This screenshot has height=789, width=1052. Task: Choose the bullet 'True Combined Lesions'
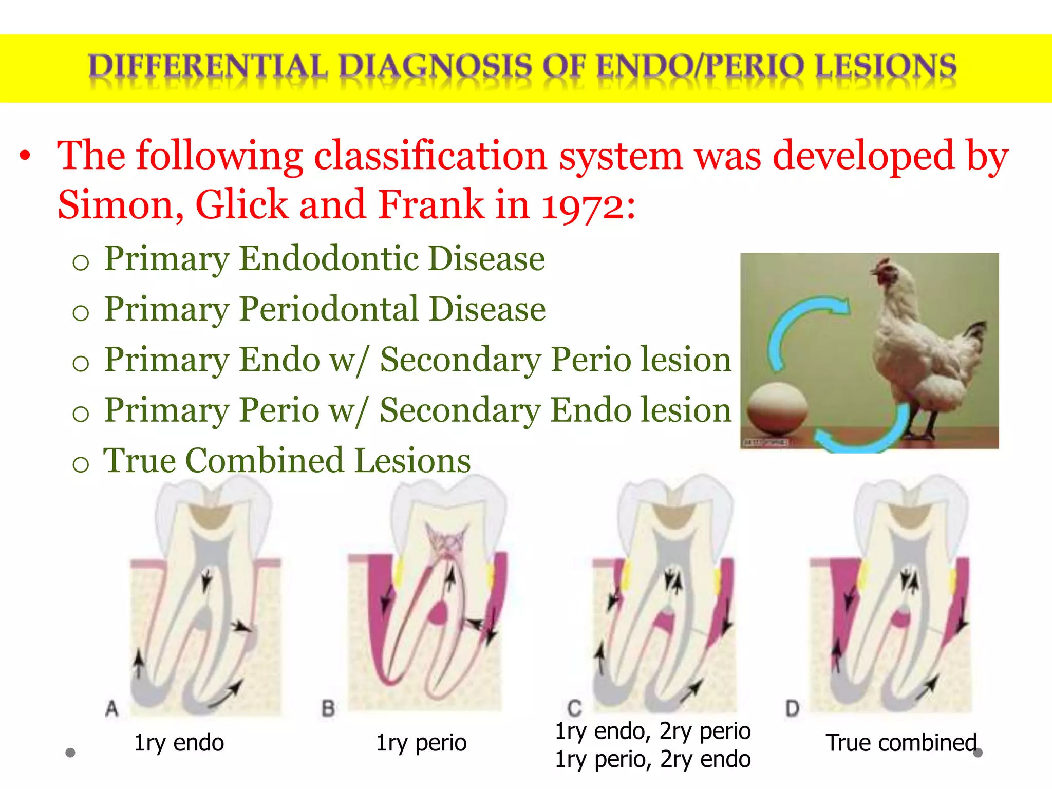click(287, 461)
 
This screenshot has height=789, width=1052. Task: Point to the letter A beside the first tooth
click(112, 709)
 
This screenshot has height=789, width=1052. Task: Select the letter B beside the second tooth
click(328, 709)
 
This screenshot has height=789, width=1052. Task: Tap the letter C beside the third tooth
click(575, 709)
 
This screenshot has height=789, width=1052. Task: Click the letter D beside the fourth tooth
click(792, 709)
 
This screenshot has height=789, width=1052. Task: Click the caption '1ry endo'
click(179, 743)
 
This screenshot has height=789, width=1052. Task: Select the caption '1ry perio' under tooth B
click(421, 743)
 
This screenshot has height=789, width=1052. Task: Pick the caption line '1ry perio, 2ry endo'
click(652, 759)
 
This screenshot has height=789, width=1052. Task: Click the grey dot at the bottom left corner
click(70, 753)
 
